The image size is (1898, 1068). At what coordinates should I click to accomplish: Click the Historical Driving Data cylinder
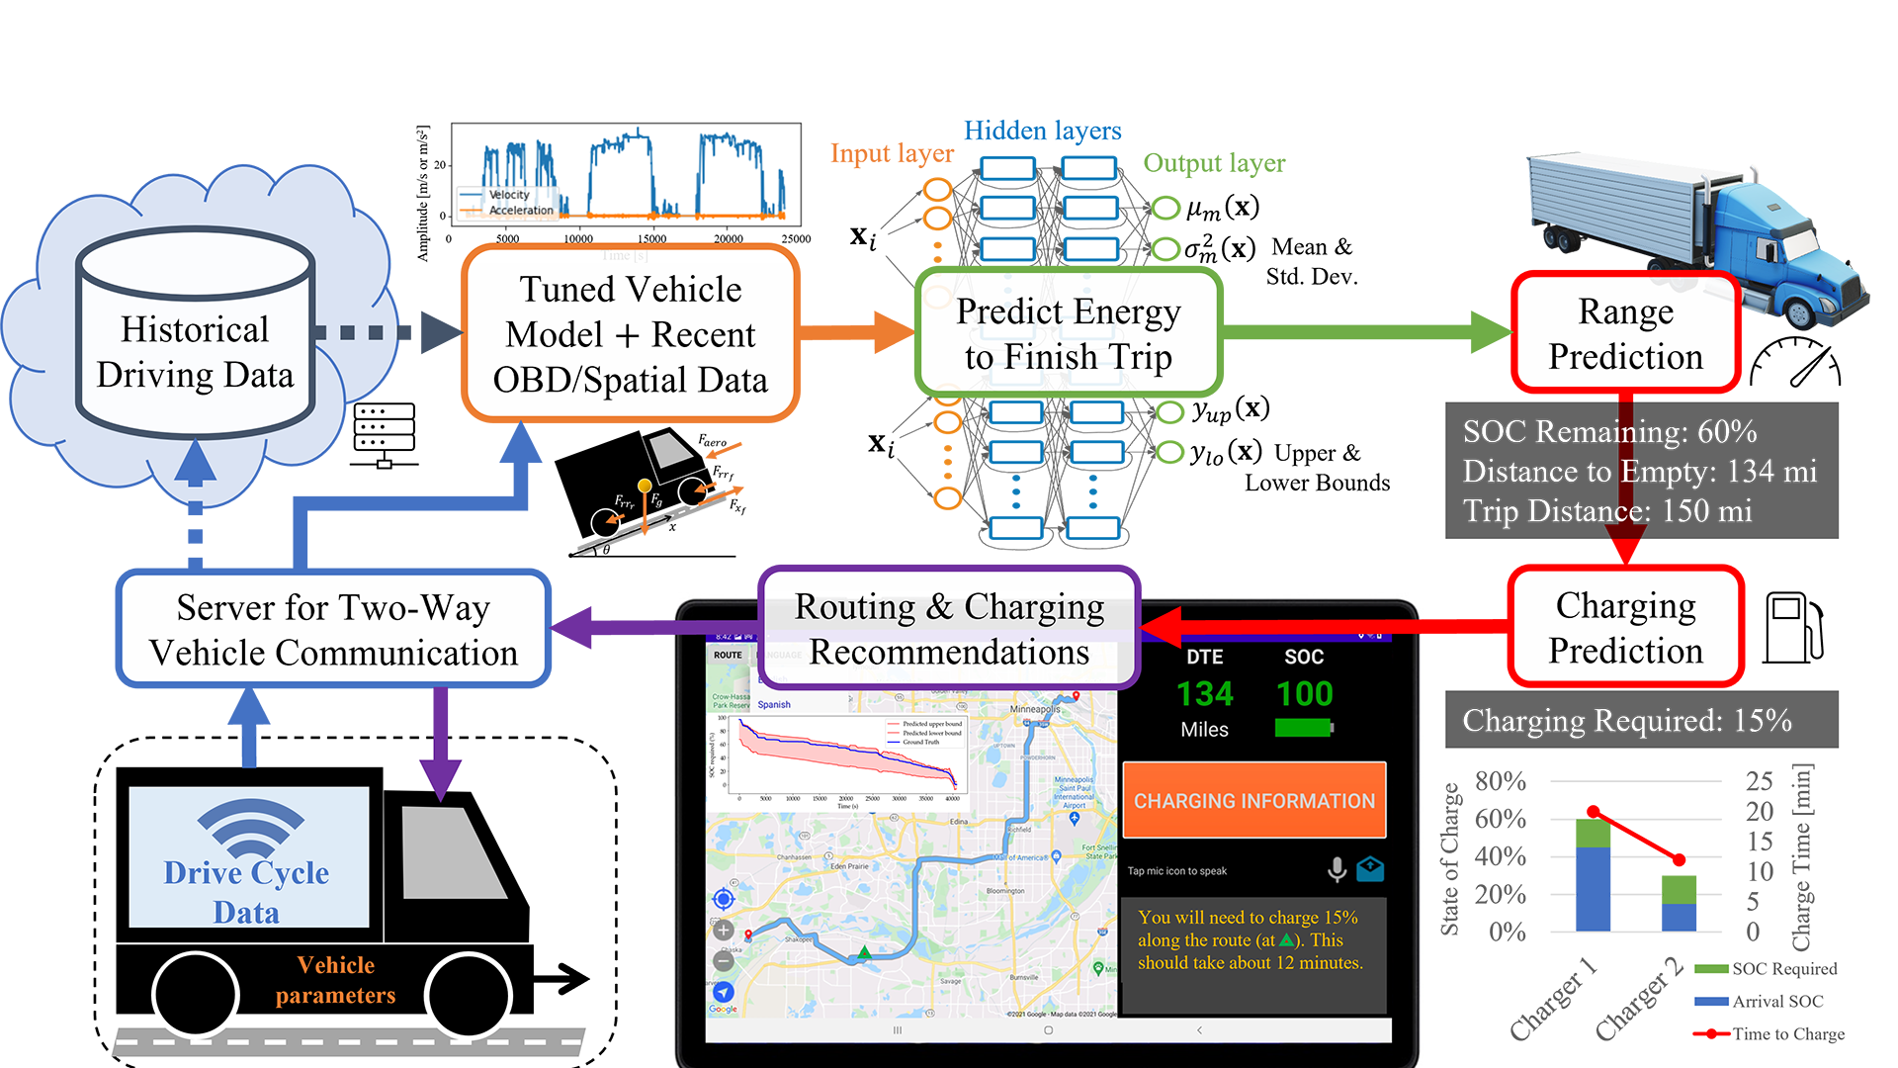point(196,336)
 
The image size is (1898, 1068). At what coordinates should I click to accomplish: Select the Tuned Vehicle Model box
point(630,334)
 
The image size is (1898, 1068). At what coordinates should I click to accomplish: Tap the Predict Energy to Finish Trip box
point(1068,333)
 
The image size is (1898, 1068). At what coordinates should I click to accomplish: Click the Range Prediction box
point(1625,333)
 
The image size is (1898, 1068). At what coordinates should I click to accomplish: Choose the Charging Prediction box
point(1625,627)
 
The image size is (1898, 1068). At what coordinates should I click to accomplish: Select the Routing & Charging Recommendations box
point(949,629)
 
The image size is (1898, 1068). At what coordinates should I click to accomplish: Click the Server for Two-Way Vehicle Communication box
point(333,629)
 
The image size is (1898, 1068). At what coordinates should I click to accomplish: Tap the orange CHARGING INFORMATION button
point(1253,800)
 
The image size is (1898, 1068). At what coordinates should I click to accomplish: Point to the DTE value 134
point(1204,694)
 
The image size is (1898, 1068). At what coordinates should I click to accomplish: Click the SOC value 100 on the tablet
point(1304,694)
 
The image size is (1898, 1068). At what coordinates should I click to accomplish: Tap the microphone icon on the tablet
point(1337,869)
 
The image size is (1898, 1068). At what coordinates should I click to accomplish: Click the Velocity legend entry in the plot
point(508,195)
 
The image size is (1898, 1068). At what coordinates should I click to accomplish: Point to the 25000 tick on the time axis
point(796,239)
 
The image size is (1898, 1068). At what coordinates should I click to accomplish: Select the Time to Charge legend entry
point(1787,1033)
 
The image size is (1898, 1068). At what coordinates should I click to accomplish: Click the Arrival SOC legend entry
point(1776,1001)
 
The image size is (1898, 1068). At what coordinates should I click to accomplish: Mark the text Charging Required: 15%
point(1626,720)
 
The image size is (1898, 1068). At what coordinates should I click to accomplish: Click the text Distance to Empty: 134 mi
point(1639,471)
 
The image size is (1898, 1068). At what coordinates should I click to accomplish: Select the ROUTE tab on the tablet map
point(728,655)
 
